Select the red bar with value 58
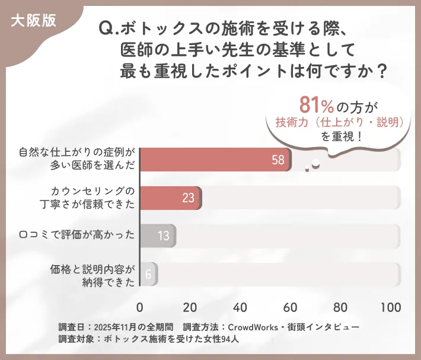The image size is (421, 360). tap(215, 160)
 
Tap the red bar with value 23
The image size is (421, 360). tap(170, 197)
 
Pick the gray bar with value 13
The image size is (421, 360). tap(158, 235)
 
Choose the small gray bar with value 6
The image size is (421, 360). tap(148, 273)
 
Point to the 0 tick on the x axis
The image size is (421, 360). tap(140, 307)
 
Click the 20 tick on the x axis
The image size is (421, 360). tap(190, 307)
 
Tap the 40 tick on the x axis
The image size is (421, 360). tap(240, 307)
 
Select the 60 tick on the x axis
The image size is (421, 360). tap(291, 307)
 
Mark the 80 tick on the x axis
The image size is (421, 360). tap(341, 307)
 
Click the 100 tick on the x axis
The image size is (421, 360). tap(391, 307)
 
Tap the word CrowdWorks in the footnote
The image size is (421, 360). tap(253, 327)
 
